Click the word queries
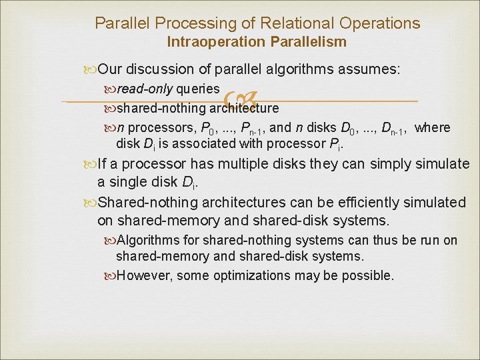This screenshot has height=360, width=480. [198, 89]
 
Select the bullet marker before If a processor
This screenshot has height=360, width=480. [84, 164]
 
